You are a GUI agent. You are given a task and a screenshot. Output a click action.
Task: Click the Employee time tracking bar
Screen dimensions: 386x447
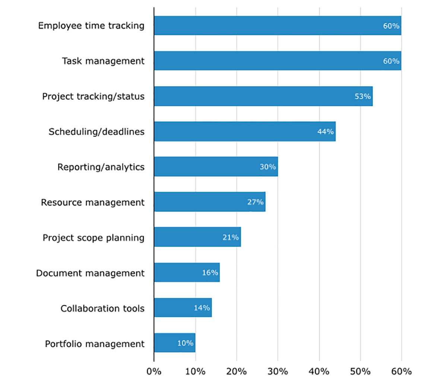click(278, 26)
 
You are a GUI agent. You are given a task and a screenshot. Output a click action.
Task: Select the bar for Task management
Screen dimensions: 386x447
click(278, 61)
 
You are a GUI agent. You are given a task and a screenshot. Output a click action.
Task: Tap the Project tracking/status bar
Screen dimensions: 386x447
click(263, 96)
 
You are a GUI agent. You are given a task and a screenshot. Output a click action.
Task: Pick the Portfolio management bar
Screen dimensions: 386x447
click(174, 343)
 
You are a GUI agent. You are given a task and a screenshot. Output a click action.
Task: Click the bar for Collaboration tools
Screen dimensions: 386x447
click(183, 308)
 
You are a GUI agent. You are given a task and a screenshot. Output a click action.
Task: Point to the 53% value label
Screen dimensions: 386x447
click(362, 96)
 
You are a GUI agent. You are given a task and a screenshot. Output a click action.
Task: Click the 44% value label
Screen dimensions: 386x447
click(325, 132)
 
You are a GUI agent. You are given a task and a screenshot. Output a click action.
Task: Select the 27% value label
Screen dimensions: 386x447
click(255, 202)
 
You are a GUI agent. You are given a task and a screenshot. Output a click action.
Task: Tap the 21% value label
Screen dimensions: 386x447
click(231, 237)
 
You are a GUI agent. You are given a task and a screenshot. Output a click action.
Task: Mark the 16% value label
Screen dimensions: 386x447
click(210, 273)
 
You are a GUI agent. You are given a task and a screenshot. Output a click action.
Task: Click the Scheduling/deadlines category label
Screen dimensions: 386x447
click(96, 132)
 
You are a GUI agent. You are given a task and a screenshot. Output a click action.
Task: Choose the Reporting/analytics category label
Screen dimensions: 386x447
click(101, 167)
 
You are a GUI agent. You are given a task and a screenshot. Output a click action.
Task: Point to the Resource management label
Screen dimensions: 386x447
click(93, 202)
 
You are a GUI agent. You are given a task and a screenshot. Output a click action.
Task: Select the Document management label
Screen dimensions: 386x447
click(90, 273)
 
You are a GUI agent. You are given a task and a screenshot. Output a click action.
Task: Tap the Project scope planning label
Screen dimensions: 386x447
click(93, 238)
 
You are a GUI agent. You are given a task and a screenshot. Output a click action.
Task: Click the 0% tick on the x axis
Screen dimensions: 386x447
click(154, 371)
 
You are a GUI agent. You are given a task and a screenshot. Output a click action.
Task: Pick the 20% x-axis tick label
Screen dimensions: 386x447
click(237, 371)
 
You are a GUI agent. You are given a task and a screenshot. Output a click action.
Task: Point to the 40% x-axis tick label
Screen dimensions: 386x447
click(319, 371)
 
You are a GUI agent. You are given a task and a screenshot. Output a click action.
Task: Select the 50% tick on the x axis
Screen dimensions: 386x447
click(360, 371)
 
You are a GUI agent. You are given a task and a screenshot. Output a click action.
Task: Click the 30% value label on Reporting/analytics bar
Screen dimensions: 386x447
click(267, 167)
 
